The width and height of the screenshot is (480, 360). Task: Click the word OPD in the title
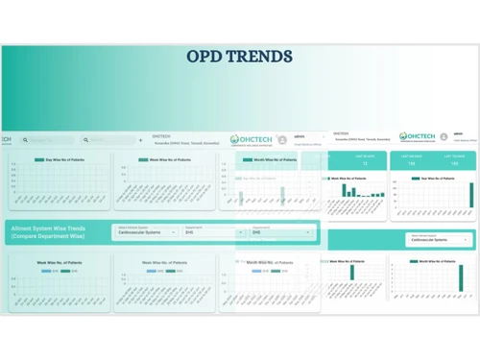208,56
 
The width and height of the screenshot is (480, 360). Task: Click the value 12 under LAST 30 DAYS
365,164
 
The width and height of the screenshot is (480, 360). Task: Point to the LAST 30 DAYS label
365,156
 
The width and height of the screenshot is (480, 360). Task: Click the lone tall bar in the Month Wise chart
351,273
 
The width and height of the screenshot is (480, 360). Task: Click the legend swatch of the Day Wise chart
39,159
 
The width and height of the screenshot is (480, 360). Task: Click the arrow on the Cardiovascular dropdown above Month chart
467,240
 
